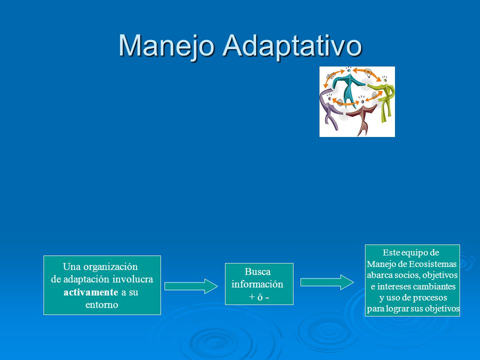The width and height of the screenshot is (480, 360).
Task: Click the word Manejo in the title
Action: tap(166, 46)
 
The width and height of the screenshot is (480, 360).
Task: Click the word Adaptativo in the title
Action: tap(292, 46)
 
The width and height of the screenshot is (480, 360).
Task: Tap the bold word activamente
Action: tap(91, 292)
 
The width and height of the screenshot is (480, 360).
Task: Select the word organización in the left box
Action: tap(110, 267)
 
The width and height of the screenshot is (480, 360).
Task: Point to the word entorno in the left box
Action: tap(101, 305)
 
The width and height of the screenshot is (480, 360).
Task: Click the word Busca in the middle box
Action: tap(258, 272)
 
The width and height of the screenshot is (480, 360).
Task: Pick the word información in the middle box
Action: tap(257, 284)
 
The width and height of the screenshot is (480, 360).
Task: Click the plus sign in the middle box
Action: tap(252, 297)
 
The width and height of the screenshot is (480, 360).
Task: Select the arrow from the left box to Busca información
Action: tap(191, 286)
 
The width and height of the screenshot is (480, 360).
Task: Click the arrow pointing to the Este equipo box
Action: tap(327, 282)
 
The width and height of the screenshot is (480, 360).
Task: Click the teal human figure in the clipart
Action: tap(348, 86)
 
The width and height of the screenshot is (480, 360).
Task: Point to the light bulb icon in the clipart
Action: tap(368, 72)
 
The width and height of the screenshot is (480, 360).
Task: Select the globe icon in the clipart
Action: tap(340, 102)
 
